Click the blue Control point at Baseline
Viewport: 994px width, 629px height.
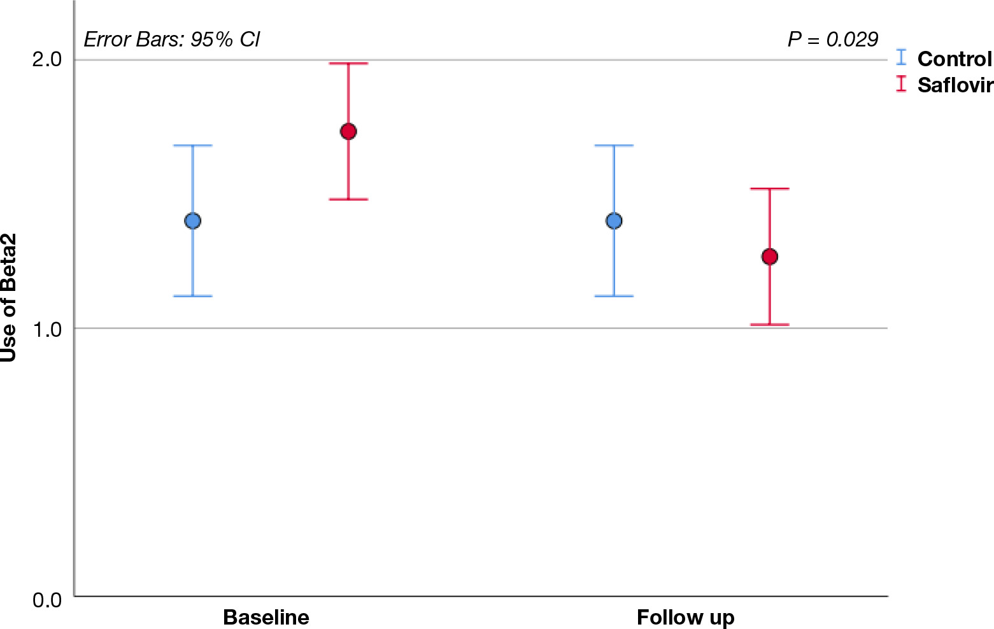[x=192, y=221]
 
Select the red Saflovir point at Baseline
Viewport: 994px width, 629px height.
[x=348, y=132]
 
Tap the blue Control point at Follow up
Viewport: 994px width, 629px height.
[x=614, y=221]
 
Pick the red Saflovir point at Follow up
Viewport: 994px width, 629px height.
[x=770, y=257]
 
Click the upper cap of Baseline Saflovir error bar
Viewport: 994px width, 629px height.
[x=348, y=64]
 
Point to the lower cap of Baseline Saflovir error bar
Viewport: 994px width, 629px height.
[x=348, y=199]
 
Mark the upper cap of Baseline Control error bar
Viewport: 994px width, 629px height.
[x=192, y=146]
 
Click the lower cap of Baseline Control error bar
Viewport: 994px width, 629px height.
[x=192, y=296]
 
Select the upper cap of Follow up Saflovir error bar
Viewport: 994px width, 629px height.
[x=770, y=189]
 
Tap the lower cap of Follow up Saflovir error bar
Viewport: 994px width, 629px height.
[x=770, y=325]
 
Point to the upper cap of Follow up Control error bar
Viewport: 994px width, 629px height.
[x=614, y=146]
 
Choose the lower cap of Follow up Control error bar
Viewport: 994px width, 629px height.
[x=614, y=296]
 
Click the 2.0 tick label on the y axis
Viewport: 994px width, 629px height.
[x=46, y=60]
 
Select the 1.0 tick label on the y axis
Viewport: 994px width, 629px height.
[x=46, y=330]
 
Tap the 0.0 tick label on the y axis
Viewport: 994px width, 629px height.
[x=46, y=600]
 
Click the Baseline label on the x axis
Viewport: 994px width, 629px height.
[x=266, y=618]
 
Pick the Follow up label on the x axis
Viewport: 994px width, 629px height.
[x=685, y=618]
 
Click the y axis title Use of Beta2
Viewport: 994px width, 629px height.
[x=9, y=297]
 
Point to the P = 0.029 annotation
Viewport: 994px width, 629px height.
[x=833, y=39]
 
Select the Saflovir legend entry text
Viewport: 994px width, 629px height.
[x=955, y=85]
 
